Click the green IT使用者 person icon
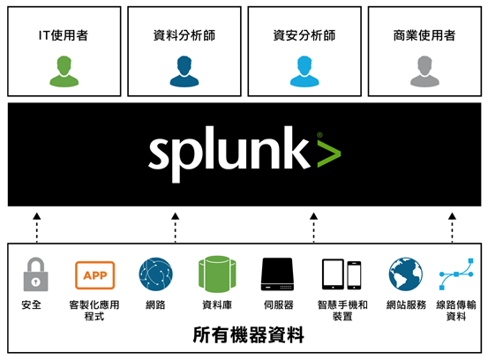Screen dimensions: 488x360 pyautogui.click(x=64, y=71)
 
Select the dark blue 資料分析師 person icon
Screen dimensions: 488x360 pyautogui.click(x=184, y=71)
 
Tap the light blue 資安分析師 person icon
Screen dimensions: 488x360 pyautogui.click(x=304, y=71)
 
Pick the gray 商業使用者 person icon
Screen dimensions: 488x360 pyautogui.click(x=424, y=71)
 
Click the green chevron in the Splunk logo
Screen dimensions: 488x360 pyautogui.click(x=329, y=154)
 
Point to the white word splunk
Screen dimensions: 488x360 pyautogui.click(x=229, y=154)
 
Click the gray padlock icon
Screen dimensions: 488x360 pyautogui.click(x=36, y=274)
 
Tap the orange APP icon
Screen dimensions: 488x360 pyautogui.click(x=95, y=275)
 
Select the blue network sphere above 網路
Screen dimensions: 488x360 pyautogui.click(x=155, y=274)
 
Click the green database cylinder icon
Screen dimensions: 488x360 pyautogui.click(x=217, y=274)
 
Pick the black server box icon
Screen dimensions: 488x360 pyautogui.click(x=277, y=274)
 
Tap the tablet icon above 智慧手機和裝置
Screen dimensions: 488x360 pyautogui.click(x=333, y=274)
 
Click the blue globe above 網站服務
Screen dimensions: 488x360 pyautogui.click(x=406, y=274)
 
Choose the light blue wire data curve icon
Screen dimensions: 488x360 pyautogui.click(x=456, y=274)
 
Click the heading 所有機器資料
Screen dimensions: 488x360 pyautogui.click(x=248, y=335)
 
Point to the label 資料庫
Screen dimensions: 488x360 pyautogui.click(x=217, y=304)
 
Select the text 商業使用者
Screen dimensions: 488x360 pyautogui.click(x=424, y=35)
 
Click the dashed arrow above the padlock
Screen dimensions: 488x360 pyautogui.click(x=37, y=228)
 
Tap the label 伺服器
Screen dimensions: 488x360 pyautogui.click(x=279, y=304)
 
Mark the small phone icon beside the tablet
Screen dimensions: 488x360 pyautogui.click(x=354, y=275)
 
